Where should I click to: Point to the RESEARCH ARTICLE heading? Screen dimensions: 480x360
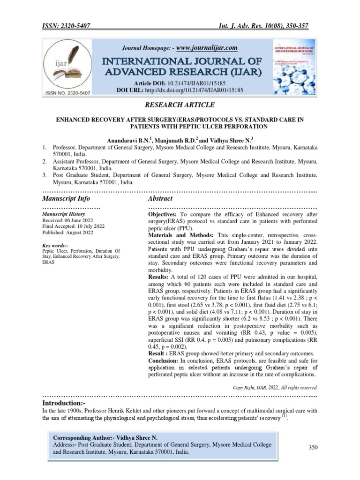[x=180, y=105]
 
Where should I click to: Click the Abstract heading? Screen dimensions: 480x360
[x=161, y=199]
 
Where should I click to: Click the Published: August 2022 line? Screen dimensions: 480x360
[x=67, y=232]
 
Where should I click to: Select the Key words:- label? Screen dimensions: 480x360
[x=55, y=245]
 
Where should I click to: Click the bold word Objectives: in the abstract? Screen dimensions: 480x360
[x=165, y=214]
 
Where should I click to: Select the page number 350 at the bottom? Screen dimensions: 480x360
[x=314, y=448]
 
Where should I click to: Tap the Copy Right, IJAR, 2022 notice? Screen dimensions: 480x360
[x=275, y=388]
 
